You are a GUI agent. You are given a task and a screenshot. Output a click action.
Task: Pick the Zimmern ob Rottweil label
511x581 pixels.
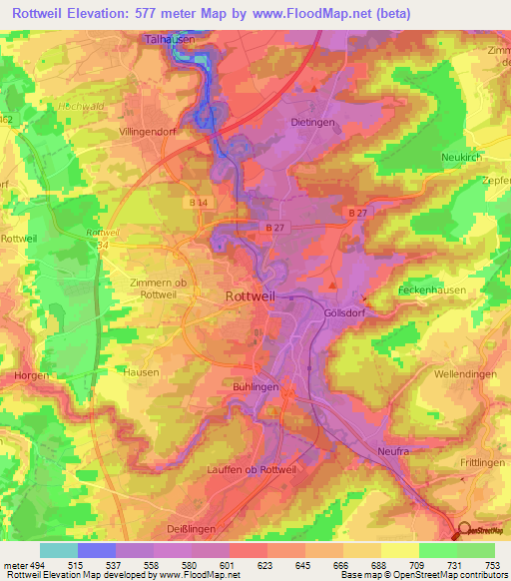158,288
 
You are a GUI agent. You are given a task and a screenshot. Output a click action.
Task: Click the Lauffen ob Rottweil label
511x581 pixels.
245,469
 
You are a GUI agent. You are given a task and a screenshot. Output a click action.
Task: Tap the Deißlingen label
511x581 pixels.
188,529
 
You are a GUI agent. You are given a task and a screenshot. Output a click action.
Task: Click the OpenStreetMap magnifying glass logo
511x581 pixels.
461,531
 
